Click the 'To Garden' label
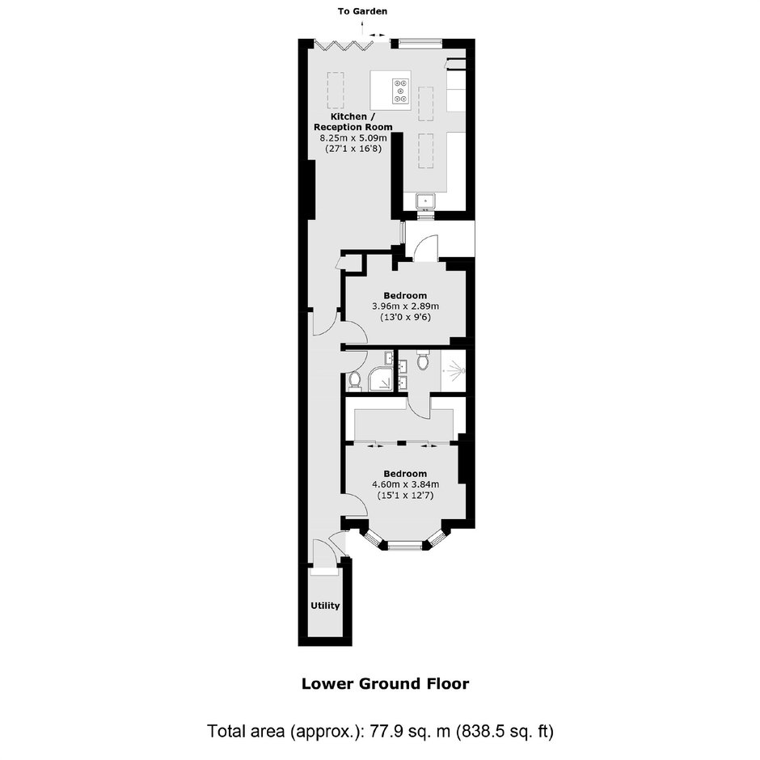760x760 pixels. [362, 11]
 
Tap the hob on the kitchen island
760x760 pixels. [401, 91]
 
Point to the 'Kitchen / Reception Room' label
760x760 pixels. [353, 121]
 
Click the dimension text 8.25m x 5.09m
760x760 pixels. [353, 138]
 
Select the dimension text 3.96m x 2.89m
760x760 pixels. [405, 306]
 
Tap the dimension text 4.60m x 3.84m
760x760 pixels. [405, 484]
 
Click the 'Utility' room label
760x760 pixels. [325, 606]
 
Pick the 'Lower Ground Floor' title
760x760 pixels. [386, 684]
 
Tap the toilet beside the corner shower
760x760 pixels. [355, 381]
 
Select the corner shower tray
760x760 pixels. [382, 379]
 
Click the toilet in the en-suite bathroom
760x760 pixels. [423, 360]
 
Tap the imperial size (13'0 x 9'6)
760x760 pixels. [405, 318]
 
